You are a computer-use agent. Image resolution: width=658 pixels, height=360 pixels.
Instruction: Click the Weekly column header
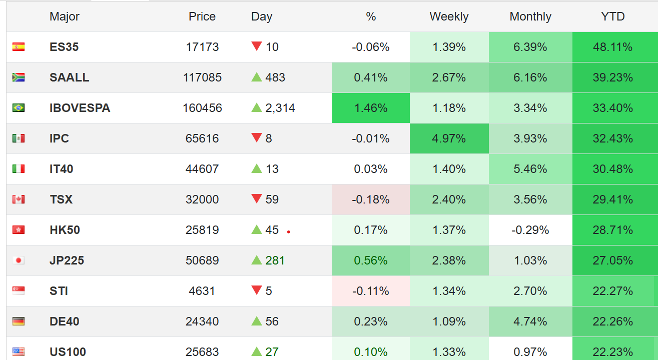coord(449,16)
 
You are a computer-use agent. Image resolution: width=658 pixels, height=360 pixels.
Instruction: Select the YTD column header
coord(613,16)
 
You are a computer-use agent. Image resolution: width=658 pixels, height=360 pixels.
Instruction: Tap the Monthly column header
coord(530,16)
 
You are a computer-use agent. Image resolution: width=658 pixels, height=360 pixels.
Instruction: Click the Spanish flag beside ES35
coord(19,47)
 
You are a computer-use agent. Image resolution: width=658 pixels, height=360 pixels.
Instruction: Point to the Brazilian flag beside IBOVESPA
coord(19,108)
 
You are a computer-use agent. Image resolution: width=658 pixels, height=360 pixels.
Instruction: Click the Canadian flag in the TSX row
coord(19,199)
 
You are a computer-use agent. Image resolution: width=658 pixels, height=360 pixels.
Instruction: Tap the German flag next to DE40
coord(19,321)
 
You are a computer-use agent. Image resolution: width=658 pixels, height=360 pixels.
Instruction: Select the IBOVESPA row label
coord(80,108)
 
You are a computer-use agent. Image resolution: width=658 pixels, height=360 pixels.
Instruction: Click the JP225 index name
coord(67,260)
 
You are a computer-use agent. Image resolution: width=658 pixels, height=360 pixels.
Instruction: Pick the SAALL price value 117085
coord(202,77)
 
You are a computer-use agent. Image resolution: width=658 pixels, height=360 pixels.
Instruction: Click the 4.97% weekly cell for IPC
coord(449,138)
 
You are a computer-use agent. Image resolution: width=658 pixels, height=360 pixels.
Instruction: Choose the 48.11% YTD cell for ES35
coord(613,47)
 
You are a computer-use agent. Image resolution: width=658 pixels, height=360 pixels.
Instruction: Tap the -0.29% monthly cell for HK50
coord(530,230)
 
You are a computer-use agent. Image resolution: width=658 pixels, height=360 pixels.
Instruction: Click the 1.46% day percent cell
coord(371,108)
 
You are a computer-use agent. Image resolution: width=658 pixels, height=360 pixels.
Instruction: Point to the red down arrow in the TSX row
coord(257,199)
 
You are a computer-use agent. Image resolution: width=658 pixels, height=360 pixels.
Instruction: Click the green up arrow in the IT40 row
coord(257,168)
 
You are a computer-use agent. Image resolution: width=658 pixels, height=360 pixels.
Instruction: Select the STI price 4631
coord(202,291)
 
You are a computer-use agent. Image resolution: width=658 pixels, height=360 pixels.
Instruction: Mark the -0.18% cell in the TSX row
coord(371,199)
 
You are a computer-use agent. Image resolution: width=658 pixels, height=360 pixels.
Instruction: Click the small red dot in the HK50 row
coord(289,232)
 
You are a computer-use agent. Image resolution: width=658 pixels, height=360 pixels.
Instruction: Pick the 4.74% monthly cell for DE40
coord(530,321)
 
